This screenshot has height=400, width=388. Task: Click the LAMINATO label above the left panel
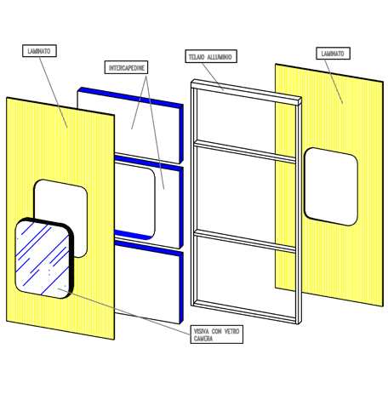click(39, 51)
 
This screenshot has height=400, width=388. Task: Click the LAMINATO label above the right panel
click(333, 54)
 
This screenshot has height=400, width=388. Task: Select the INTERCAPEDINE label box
click(126, 67)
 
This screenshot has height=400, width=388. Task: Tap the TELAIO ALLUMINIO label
click(211, 56)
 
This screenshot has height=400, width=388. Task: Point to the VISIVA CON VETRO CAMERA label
click(217, 334)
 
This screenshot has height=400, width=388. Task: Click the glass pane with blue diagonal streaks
click(43, 259)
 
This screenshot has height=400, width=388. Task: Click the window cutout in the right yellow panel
click(331, 186)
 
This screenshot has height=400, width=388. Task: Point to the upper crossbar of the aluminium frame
click(244, 151)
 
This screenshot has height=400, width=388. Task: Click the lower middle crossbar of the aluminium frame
click(244, 241)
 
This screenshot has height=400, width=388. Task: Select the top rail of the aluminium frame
click(246, 92)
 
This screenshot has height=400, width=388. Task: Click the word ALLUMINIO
click(220, 57)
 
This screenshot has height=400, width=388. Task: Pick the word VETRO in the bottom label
click(231, 331)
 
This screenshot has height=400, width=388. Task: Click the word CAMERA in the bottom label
click(203, 338)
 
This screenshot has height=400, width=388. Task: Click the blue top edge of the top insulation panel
click(130, 96)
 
